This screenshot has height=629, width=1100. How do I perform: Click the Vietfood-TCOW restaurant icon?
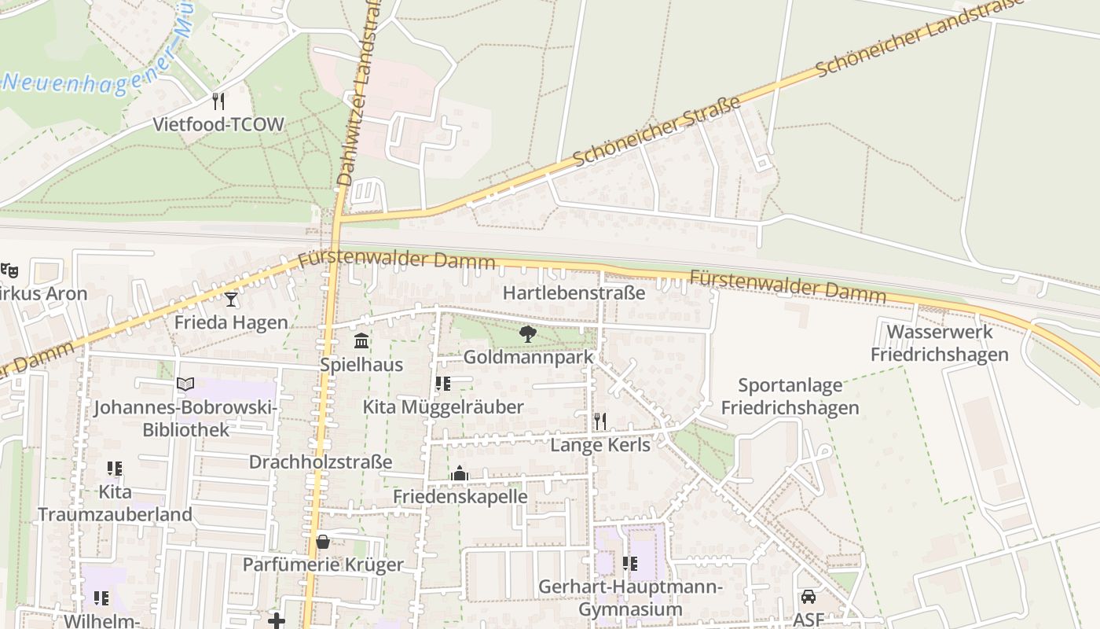[x=218, y=101]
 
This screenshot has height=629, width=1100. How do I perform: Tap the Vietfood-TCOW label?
[x=218, y=124]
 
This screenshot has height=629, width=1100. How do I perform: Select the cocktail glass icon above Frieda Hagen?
[x=231, y=299]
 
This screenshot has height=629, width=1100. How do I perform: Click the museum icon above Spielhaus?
[x=361, y=341]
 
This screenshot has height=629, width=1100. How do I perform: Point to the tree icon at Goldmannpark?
[x=528, y=334]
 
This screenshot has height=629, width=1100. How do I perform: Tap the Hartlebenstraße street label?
[x=574, y=293]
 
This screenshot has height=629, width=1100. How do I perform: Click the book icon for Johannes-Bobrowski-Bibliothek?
[x=185, y=384]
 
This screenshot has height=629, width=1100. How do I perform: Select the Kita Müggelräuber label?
[x=443, y=406]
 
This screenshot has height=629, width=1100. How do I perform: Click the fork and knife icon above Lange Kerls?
[x=600, y=421]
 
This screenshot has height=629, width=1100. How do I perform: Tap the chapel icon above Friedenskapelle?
[x=460, y=473]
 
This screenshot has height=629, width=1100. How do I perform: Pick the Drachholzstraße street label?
[x=321, y=462]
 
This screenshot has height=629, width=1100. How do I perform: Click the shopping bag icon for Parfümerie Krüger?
[x=323, y=542]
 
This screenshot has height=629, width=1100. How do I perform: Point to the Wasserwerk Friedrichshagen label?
[x=940, y=343]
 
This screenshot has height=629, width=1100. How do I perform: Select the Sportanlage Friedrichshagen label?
[x=790, y=396]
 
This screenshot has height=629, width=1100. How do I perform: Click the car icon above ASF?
[x=808, y=597]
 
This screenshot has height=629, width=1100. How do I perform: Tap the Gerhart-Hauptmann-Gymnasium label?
[x=630, y=598]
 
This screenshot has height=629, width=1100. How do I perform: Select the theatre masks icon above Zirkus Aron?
[x=9, y=270]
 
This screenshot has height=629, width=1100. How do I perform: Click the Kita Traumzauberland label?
[x=115, y=503]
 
